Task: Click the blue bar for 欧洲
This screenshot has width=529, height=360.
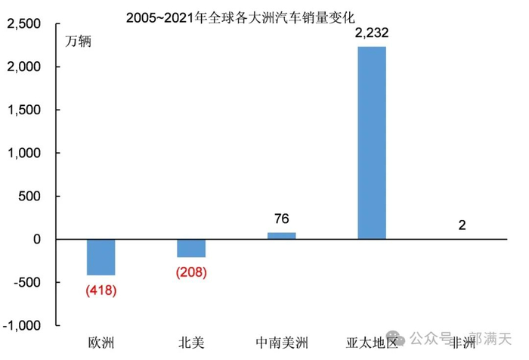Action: point(101,257)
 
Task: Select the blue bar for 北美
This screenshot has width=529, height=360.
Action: point(191,248)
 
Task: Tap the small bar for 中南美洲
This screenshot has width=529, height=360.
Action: point(281,236)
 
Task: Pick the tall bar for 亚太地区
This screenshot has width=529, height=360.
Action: point(372,143)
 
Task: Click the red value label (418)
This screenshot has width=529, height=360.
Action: point(101,289)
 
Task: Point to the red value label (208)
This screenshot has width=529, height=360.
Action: point(191,272)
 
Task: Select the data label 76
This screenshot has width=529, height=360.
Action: point(281,219)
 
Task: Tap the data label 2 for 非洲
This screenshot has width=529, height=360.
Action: point(461,225)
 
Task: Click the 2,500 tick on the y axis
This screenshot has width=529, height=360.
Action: point(25,24)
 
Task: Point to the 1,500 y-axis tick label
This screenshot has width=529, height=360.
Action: point(25,110)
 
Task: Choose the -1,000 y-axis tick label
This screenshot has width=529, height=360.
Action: point(23,325)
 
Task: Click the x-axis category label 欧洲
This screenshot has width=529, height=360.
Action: point(101,343)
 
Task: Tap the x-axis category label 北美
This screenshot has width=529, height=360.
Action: point(191,343)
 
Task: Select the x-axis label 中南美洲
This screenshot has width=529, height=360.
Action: point(281,343)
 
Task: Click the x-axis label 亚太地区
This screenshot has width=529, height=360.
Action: point(372,343)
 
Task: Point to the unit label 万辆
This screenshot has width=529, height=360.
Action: point(77,42)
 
